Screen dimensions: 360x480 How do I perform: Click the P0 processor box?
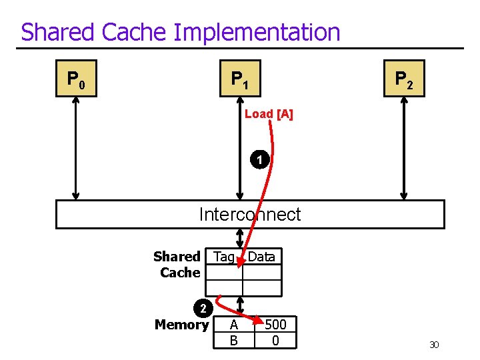[x=76, y=79]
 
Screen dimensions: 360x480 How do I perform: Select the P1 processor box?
[x=240, y=79]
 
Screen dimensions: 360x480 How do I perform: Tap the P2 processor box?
[x=404, y=79]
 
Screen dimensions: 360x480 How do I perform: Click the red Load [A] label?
[x=269, y=114]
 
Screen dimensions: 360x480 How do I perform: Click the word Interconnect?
[x=250, y=215]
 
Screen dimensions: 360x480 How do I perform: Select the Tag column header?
[x=224, y=257]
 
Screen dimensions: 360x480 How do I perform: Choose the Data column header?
[x=261, y=257]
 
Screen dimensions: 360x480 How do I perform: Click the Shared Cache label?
[x=177, y=265]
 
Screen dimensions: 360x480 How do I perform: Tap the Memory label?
[x=181, y=325]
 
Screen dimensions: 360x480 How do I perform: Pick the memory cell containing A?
[x=233, y=325]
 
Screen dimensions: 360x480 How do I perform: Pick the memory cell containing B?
[x=233, y=341]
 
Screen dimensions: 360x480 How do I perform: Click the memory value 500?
[x=275, y=325]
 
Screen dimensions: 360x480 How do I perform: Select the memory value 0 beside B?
[x=275, y=341]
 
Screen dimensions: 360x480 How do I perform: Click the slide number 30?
[x=434, y=345]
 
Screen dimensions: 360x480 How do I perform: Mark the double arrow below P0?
[x=76, y=148]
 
